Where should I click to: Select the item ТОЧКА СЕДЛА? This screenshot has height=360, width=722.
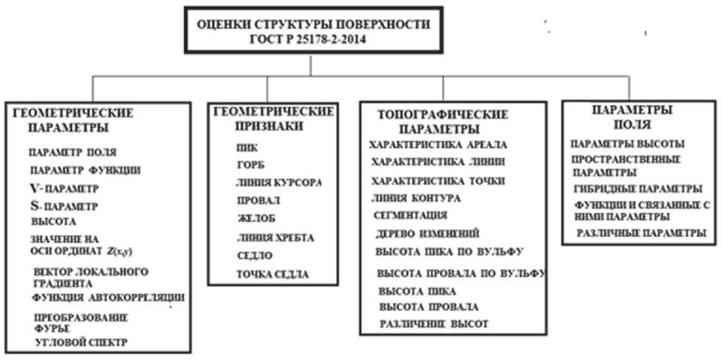coord(271,274)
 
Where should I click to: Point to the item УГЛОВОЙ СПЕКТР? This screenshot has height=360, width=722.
coord(82,343)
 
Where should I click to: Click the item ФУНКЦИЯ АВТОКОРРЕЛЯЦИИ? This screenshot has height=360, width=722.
coord(108,298)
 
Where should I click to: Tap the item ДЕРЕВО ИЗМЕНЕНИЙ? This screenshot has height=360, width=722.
coord(427,234)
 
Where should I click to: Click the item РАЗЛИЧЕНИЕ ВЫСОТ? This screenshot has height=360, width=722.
coord(434,325)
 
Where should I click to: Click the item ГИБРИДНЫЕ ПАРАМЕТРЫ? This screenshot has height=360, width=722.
coord(637,189)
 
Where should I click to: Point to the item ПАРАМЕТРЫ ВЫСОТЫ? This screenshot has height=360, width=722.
coord(627,144)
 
